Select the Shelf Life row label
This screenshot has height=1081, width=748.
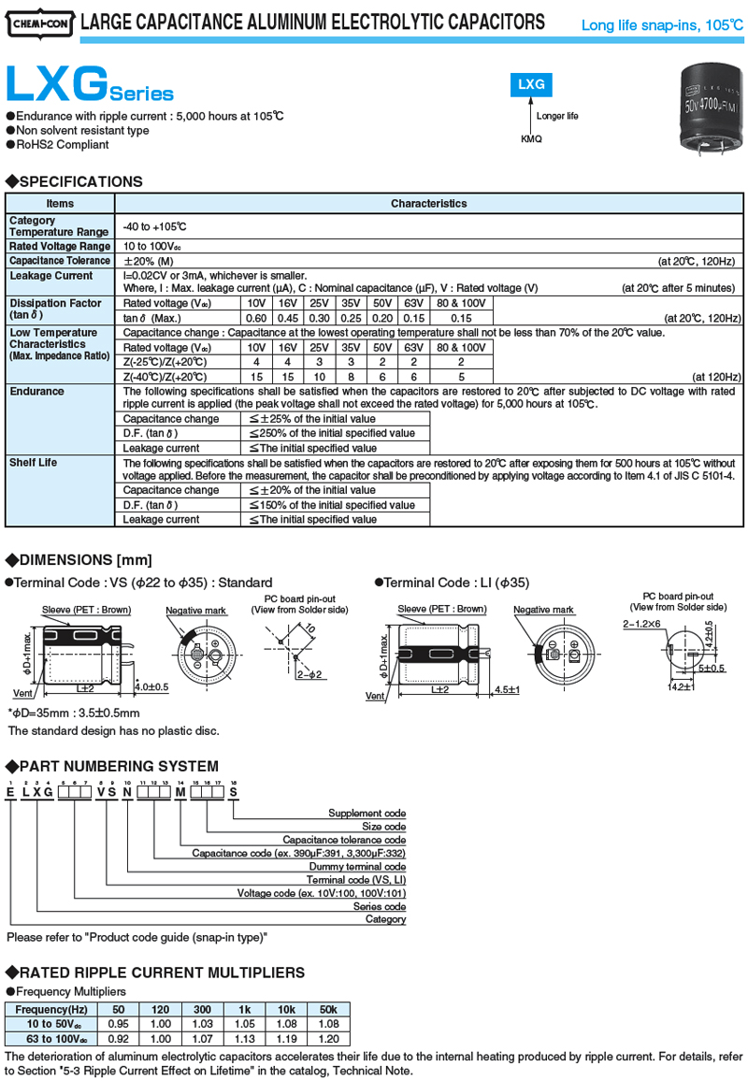[34, 463]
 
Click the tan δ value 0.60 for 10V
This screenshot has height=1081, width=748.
[256, 319]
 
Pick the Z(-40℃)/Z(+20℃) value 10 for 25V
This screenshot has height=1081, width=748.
[319, 377]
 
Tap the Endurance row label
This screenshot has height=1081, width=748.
[37, 391]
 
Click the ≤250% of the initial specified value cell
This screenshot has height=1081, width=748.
[332, 434]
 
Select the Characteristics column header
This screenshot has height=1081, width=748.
[428, 203]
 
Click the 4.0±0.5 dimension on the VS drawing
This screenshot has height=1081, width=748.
[151, 686]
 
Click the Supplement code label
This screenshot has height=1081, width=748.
[369, 813]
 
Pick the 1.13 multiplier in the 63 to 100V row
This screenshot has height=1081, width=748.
[246, 1037]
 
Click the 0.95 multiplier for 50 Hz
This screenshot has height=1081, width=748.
[119, 1024]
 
